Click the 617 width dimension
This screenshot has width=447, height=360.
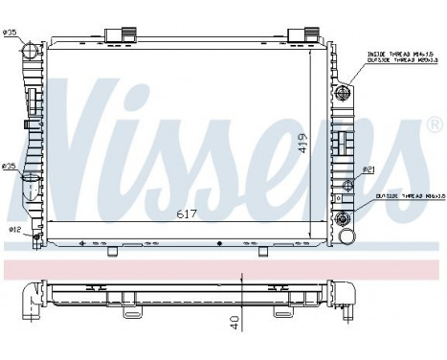coord(187,214)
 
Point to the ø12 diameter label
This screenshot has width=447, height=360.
coord(14,229)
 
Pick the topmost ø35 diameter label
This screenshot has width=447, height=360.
coord(10,34)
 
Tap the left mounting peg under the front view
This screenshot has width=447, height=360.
coord(113,251)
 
